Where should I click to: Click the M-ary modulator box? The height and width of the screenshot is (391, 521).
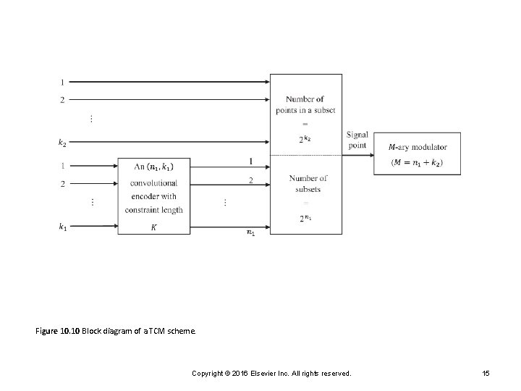(417, 154)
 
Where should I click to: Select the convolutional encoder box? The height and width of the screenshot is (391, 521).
(153, 195)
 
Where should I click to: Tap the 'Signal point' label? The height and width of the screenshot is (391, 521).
(357, 140)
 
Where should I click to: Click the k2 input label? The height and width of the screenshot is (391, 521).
(62, 143)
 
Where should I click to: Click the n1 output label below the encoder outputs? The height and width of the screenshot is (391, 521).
(250, 232)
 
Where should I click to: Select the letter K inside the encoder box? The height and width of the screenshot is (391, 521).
(153, 227)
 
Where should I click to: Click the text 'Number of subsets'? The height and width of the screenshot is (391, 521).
(308, 184)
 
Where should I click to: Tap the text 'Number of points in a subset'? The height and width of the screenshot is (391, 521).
(305, 104)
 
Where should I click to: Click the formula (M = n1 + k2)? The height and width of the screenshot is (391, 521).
(417, 162)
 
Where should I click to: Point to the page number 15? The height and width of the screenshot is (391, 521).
(486, 373)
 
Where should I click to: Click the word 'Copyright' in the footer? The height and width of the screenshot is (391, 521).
(208, 373)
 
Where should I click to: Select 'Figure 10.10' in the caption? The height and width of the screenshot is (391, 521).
(57, 331)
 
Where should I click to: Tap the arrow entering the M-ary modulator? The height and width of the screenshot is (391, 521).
(360, 154)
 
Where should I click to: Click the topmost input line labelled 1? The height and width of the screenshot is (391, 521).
(166, 82)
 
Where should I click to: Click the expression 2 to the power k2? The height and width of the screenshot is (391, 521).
(305, 139)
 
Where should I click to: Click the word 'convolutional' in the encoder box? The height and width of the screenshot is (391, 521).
(153, 183)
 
